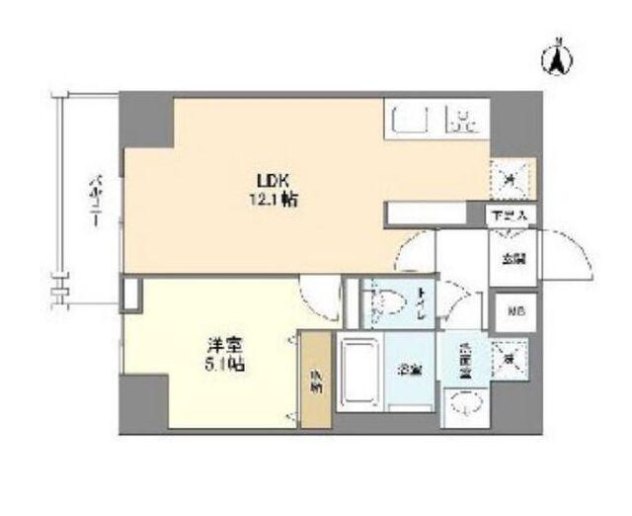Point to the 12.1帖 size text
[x=276, y=199]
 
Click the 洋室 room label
[x=221, y=347]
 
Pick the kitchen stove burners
[x=463, y=122]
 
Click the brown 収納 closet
[x=315, y=381]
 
